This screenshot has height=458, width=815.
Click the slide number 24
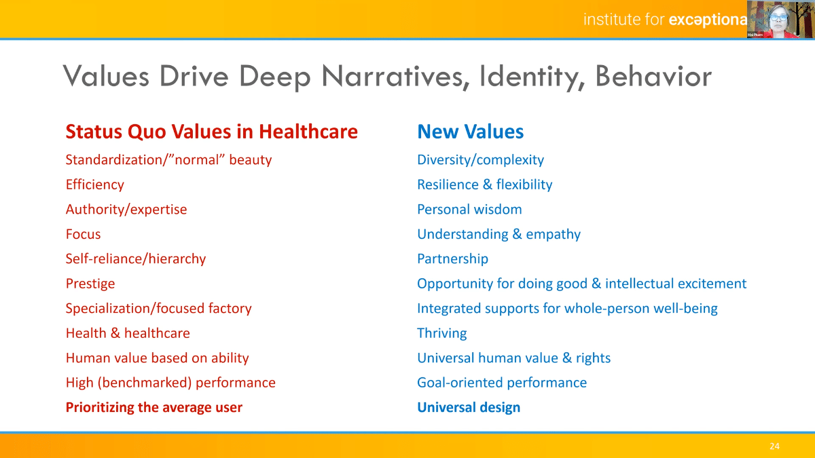(774, 446)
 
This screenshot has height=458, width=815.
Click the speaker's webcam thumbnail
(781, 19)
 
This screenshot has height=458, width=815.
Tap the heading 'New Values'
(470, 132)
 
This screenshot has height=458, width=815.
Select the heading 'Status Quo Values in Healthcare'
(211, 132)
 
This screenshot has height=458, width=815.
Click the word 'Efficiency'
(94, 185)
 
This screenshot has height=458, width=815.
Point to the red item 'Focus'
(83, 234)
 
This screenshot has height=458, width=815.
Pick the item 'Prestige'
(90, 284)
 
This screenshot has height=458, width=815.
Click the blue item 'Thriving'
(441, 333)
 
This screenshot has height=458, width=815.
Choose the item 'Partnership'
(452, 259)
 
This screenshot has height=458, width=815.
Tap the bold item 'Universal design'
(469, 408)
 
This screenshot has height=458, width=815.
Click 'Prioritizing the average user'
(154, 408)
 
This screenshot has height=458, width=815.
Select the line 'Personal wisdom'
(469, 210)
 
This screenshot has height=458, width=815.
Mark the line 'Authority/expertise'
(126, 210)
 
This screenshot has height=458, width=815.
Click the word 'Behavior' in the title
(653, 76)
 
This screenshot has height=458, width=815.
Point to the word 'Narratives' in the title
(395, 76)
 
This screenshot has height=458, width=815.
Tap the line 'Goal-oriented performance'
(502, 383)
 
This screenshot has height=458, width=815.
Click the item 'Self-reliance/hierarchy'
(136, 259)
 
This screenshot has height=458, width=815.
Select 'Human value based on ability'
(157, 358)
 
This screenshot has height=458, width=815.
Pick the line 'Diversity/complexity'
(480, 160)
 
